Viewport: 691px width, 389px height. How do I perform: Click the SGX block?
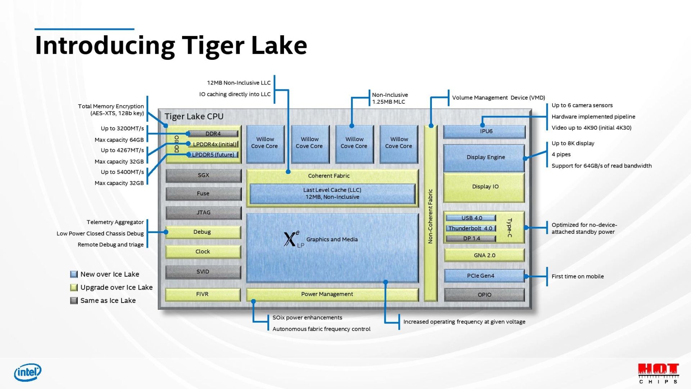click(203, 175)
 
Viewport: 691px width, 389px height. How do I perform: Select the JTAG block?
click(203, 213)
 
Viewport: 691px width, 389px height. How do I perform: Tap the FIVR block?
click(203, 294)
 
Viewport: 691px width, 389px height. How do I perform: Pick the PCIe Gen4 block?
click(484, 276)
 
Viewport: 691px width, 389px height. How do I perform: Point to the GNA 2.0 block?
click(484, 255)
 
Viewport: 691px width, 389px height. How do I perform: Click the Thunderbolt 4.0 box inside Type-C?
click(470, 228)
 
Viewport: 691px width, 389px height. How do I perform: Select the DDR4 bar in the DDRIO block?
click(213, 134)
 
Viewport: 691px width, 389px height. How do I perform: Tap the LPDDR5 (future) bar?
click(213, 155)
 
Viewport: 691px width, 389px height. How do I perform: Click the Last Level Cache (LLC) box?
click(332, 193)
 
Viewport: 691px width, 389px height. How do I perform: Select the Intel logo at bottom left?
click(28, 372)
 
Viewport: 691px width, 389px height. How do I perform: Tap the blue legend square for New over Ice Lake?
click(74, 274)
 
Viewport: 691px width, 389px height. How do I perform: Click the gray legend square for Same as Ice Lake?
click(74, 301)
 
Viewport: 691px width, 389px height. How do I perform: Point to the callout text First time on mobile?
click(577, 277)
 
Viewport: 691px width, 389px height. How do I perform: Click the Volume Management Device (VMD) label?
click(498, 98)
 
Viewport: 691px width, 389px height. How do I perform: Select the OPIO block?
click(484, 295)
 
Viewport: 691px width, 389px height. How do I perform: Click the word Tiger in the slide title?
click(213, 46)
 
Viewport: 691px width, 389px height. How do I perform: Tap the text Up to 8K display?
click(573, 143)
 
